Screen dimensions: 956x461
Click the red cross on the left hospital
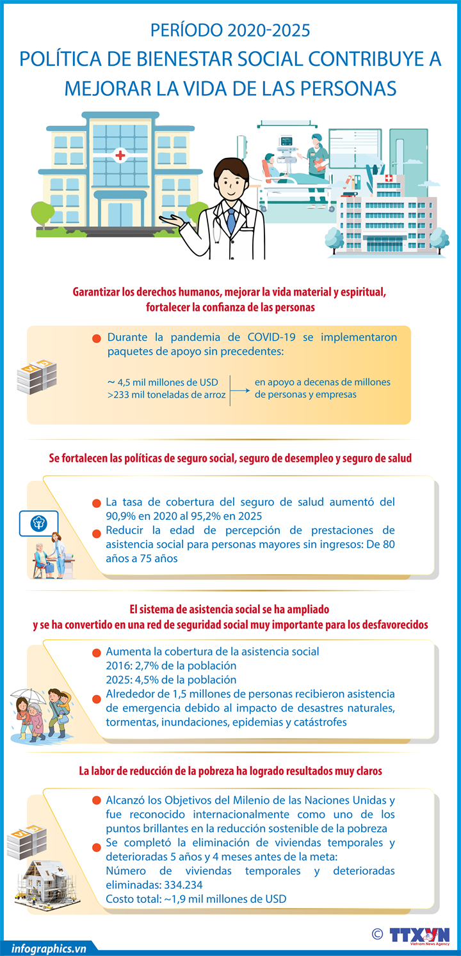(120, 155)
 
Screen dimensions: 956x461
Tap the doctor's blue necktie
(230, 220)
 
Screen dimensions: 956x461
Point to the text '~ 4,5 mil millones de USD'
(163, 382)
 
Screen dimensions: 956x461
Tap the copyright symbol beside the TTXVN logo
(377, 934)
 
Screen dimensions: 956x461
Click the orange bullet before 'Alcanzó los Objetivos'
(97, 801)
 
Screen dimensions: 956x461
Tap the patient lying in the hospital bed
(277, 169)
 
